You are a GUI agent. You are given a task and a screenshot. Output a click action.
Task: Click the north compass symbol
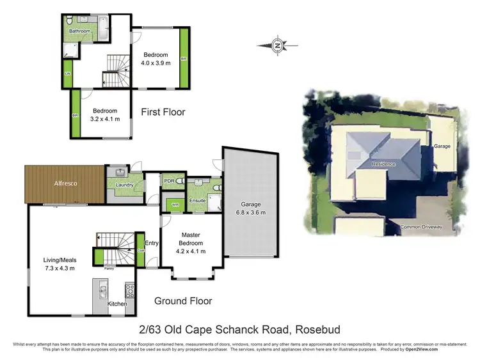(277, 45)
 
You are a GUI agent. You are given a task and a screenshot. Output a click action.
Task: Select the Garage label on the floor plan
(250, 205)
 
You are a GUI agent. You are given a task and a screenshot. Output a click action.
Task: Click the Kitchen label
(117, 303)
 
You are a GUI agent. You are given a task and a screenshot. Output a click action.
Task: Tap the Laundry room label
(124, 185)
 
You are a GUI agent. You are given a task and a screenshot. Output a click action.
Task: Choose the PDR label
(169, 181)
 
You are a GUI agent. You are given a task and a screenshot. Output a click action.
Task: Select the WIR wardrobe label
(175, 205)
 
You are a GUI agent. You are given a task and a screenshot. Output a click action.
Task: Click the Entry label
(152, 243)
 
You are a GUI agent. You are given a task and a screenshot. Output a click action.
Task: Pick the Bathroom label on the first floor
(80, 31)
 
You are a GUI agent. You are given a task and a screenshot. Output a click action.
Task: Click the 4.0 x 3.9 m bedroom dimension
(156, 63)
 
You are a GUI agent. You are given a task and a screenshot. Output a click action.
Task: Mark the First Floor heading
(163, 112)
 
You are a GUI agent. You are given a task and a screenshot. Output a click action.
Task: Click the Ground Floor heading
(183, 301)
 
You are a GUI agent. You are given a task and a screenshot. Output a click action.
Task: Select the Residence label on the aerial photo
(384, 164)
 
